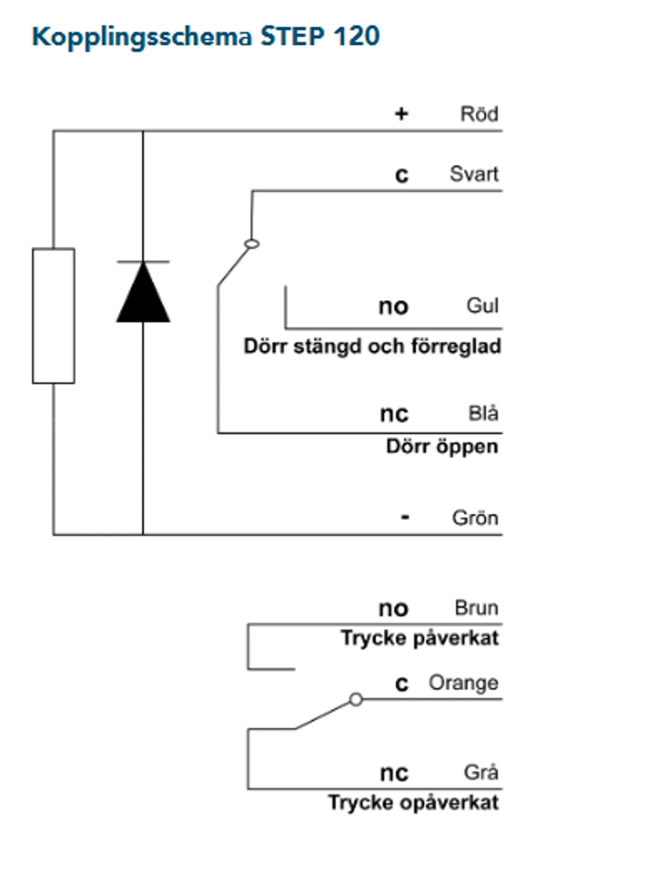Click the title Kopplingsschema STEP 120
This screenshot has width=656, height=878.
(205, 36)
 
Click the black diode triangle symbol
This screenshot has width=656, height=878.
(143, 293)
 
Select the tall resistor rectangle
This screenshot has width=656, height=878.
(53, 316)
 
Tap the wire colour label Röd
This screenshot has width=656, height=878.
(479, 114)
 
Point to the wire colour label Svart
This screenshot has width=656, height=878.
(474, 174)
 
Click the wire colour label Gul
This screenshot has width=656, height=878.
(482, 305)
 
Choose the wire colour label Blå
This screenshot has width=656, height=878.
(483, 413)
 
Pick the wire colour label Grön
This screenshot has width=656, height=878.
(475, 518)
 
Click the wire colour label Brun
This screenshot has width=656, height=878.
(476, 608)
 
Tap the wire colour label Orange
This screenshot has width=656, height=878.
(463, 683)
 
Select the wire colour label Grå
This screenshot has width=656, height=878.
(481, 772)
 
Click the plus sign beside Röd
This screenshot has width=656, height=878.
(401, 114)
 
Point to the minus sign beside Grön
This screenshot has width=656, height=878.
(405, 518)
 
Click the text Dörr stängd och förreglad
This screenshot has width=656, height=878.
(372, 347)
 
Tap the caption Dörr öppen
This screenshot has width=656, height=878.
(442, 447)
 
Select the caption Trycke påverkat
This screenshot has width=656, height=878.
(419, 638)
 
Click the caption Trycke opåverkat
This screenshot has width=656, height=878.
(413, 803)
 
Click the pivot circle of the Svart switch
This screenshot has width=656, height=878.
(251, 244)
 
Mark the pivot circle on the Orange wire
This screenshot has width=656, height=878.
(356, 699)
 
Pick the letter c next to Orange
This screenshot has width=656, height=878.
(401, 684)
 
